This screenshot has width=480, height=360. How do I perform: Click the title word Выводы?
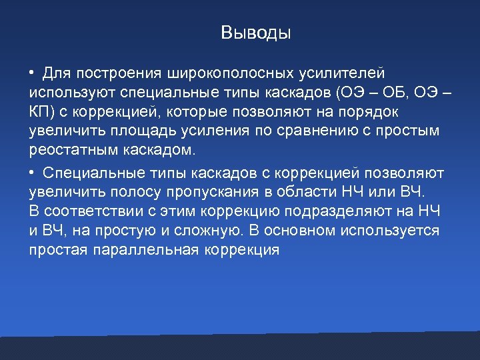(x=256, y=33)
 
